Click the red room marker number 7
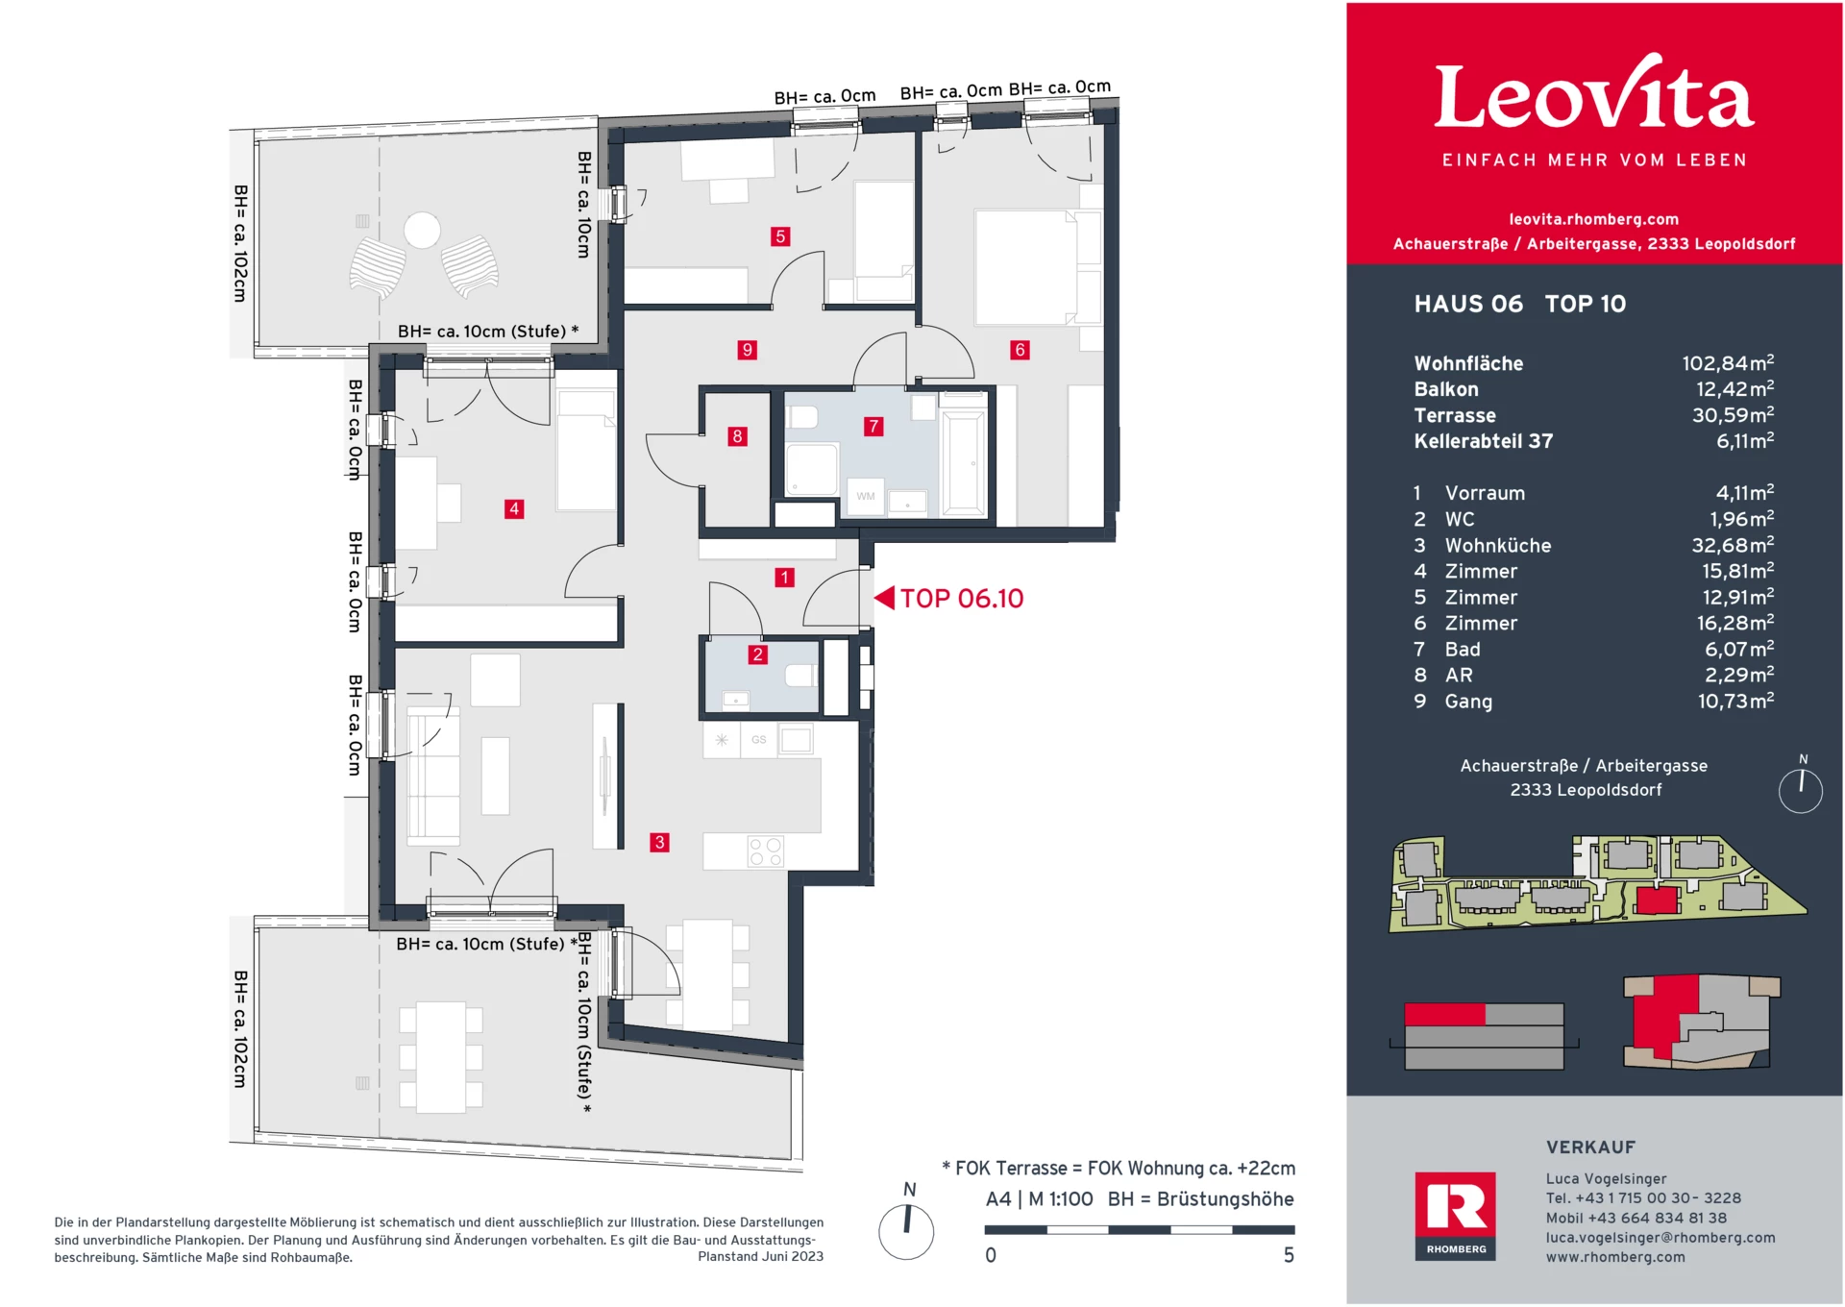click(873, 426)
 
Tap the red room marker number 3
click(659, 842)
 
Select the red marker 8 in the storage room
click(737, 436)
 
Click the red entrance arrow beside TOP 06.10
click(884, 598)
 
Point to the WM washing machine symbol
click(866, 496)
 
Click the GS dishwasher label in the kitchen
click(759, 739)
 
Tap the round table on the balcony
click(422, 230)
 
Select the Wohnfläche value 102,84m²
click(1727, 363)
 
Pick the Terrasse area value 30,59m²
click(1733, 415)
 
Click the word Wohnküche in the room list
click(1497, 545)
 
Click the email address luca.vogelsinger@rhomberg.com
click(1660, 1237)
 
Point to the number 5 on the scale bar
click(1289, 1255)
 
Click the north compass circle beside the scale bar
click(906, 1231)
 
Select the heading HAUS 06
click(1467, 304)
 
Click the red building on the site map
click(1657, 900)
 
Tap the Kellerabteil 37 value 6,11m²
click(1744, 441)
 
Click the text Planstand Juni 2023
click(760, 1256)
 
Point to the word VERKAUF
click(1590, 1147)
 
